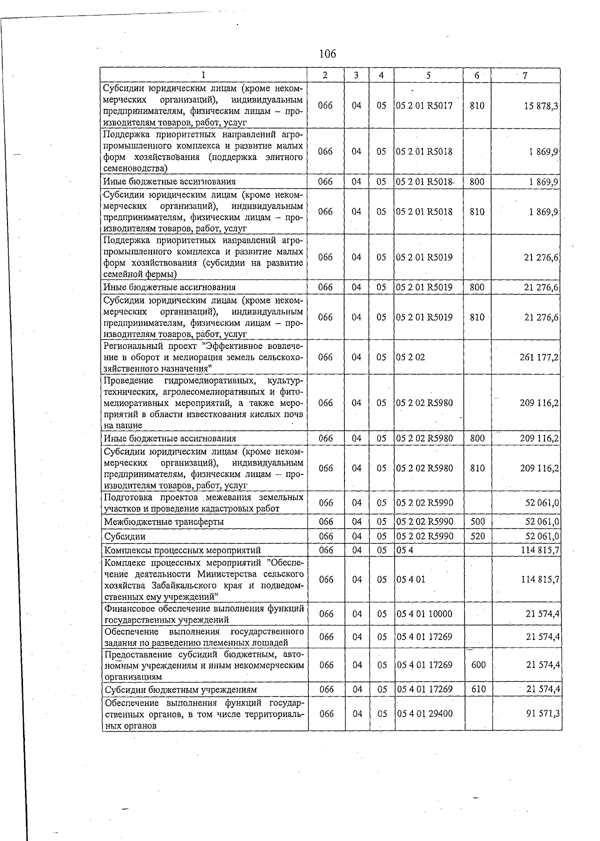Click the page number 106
click(327, 53)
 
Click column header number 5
click(428, 75)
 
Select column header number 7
click(524, 75)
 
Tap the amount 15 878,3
click(541, 106)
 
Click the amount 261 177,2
click(539, 357)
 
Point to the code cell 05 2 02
click(410, 357)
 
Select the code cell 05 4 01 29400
click(424, 713)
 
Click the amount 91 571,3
click(542, 713)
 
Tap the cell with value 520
click(477, 536)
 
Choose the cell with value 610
click(478, 689)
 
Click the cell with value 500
click(477, 521)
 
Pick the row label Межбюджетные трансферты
click(163, 521)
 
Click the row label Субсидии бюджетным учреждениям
click(180, 689)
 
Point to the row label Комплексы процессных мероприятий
click(182, 550)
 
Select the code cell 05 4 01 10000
click(424, 613)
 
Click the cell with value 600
click(478, 665)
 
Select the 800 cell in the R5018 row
click(477, 181)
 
